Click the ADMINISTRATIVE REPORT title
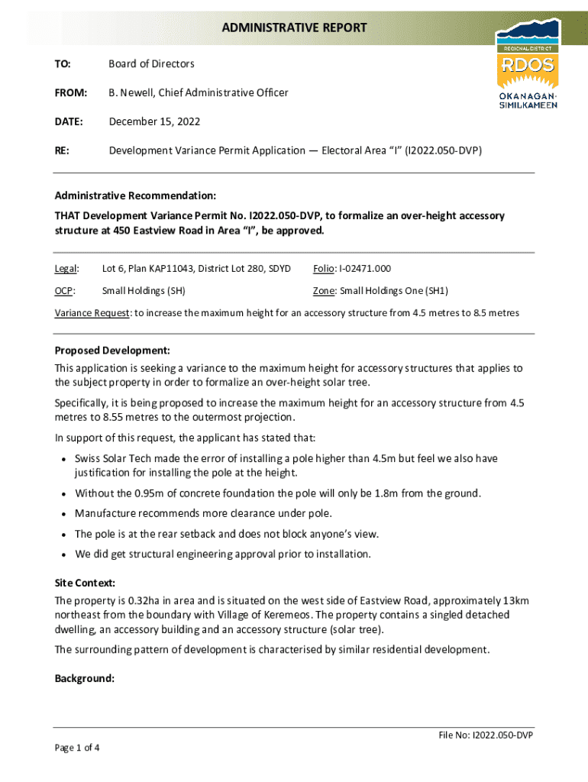click(x=294, y=28)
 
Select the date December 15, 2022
click(x=154, y=121)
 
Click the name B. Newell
click(x=131, y=93)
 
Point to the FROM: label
click(x=69, y=93)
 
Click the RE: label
click(x=62, y=150)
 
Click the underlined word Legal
click(x=66, y=269)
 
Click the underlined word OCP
click(x=64, y=291)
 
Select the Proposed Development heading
click(x=111, y=351)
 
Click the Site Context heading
click(x=85, y=582)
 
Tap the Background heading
click(x=84, y=678)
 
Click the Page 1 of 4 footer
click(x=77, y=748)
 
